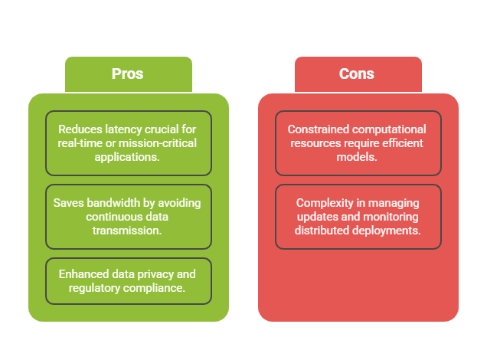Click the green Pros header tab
[x=128, y=74]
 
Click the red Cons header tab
[x=358, y=74]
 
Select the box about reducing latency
[x=128, y=143]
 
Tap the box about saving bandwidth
[x=128, y=216]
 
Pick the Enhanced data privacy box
[x=128, y=281]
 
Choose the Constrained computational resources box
[x=358, y=143]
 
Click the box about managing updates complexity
[x=358, y=216]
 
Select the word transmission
[x=128, y=230]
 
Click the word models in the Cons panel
[x=358, y=157]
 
